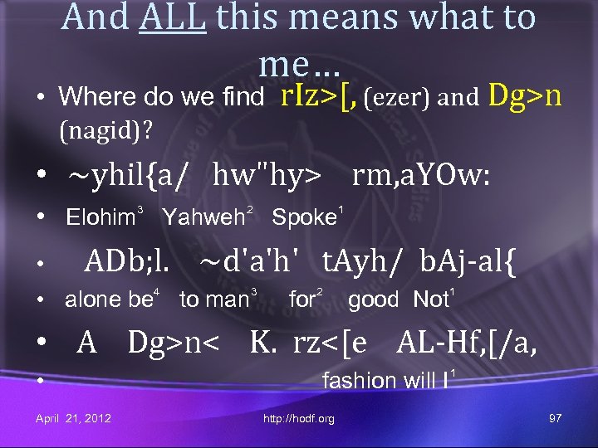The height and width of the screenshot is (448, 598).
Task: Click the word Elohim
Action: [100, 218]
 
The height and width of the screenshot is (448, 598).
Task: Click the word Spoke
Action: [303, 218]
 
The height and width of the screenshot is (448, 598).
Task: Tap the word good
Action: [373, 299]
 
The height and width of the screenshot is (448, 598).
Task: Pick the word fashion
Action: [359, 381]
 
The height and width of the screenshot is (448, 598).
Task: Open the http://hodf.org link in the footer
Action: [298, 419]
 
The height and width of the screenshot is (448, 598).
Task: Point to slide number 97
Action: [556, 418]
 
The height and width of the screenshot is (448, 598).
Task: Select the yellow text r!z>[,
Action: [319, 96]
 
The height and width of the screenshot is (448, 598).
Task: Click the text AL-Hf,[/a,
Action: [467, 341]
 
